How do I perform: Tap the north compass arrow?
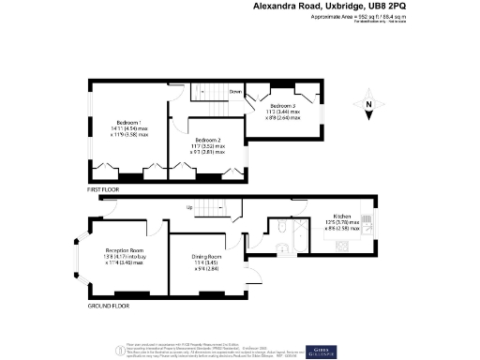tap(370, 109)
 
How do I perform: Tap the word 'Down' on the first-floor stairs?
tap(236, 91)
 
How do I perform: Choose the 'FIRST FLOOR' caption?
tap(105, 189)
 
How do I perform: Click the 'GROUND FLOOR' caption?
tap(108, 306)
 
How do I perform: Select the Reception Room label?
tap(123, 250)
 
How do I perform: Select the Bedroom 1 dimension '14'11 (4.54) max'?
tap(127, 130)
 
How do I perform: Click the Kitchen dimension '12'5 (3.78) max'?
tap(337, 221)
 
